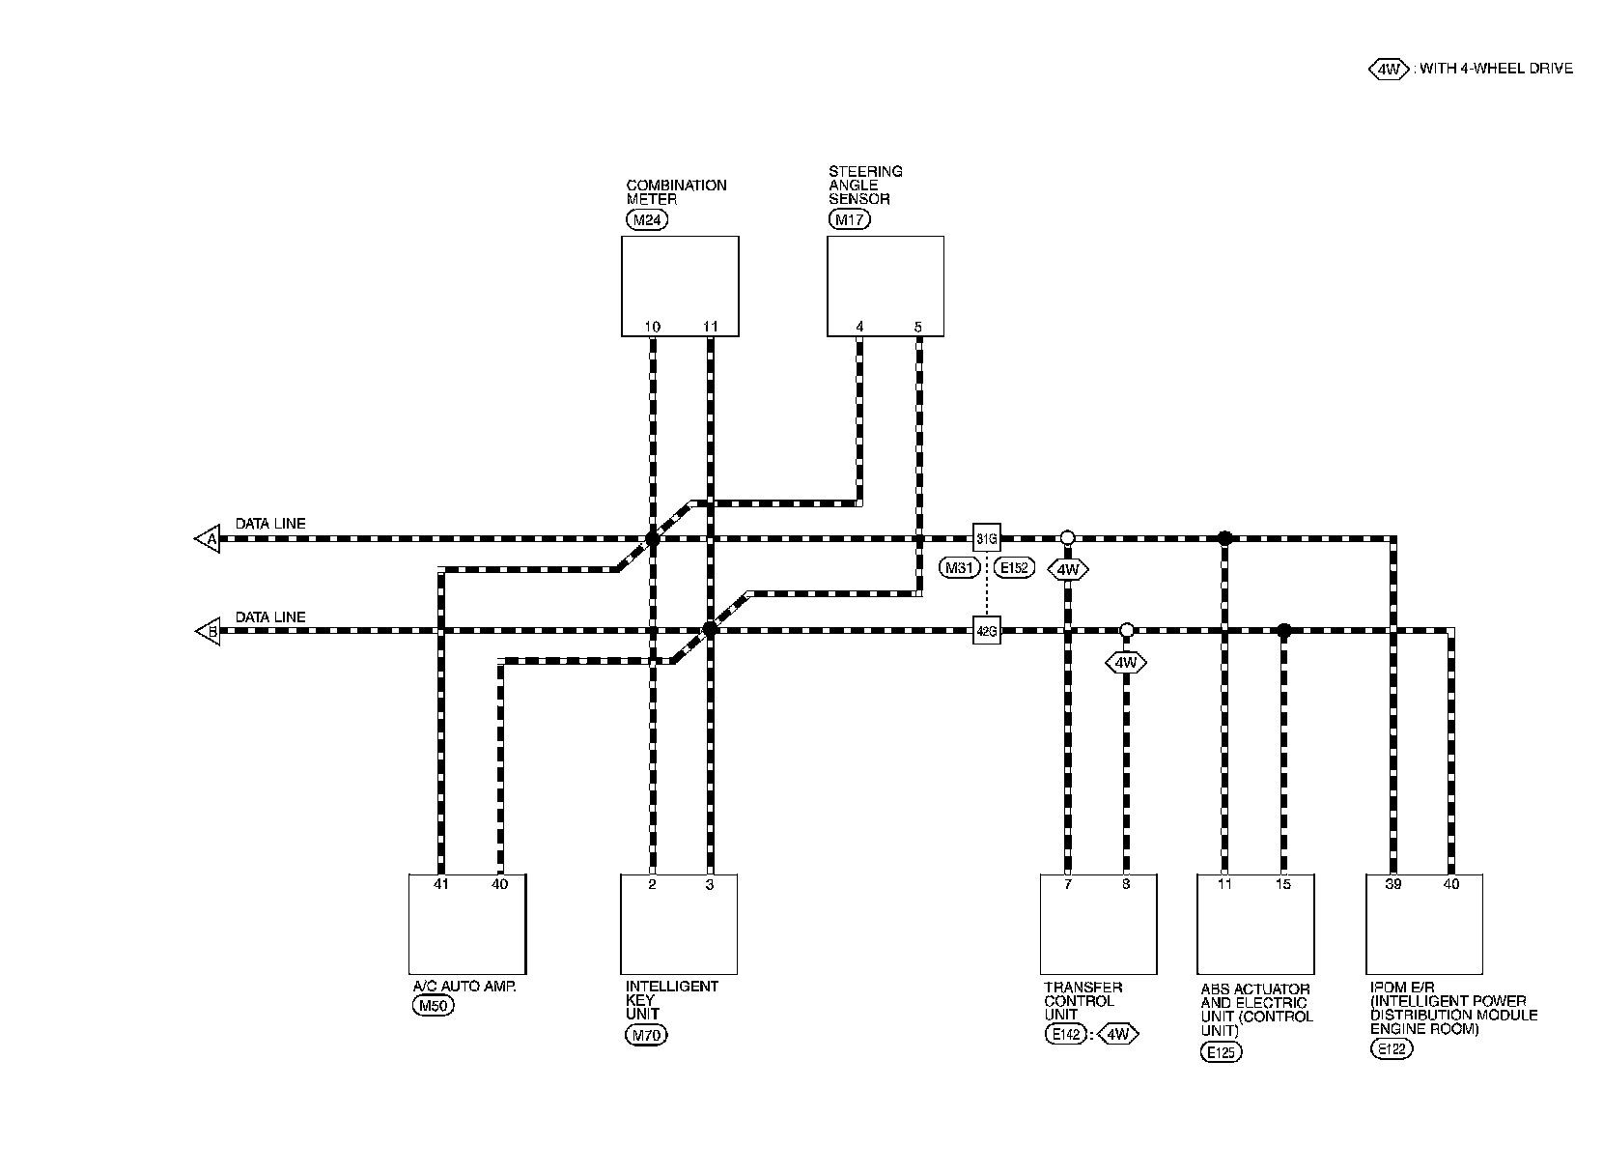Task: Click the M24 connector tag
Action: [646, 219]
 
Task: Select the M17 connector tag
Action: [849, 219]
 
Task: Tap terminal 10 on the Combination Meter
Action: [653, 327]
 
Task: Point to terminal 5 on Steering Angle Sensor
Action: [917, 327]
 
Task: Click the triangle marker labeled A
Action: [209, 538]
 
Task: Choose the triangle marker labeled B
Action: [209, 632]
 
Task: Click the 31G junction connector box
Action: [986, 538]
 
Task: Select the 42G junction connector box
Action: [986, 632]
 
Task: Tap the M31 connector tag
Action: [960, 568]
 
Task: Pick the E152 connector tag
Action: [1014, 568]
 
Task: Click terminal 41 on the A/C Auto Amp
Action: [441, 883]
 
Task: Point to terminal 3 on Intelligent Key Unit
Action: [710, 883]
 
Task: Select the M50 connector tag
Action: [433, 1007]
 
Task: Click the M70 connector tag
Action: [646, 1036]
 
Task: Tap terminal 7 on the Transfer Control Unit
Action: [1067, 883]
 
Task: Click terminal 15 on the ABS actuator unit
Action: [1283, 883]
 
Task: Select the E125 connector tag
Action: [1222, 1052]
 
